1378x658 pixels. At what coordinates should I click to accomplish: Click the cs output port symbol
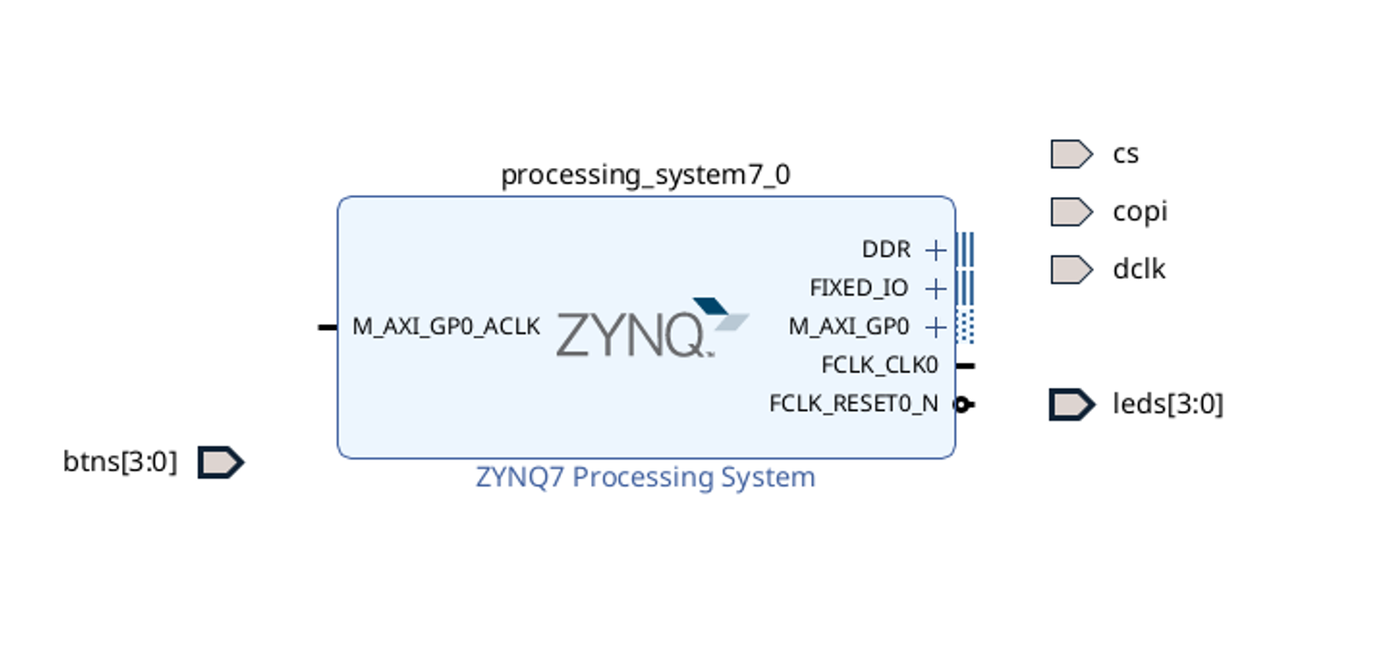pos(1070,154)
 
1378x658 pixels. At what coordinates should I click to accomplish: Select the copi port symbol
pos(1070,212)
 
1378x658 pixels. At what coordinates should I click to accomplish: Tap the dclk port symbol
pos(1070,269)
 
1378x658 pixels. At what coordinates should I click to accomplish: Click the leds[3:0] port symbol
pos(1071,405)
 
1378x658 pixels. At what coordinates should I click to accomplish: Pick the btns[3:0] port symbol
pos(220,463)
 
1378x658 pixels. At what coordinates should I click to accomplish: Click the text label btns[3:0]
pos(120,462)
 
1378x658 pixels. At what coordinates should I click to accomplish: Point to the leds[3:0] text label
pos(1167,404)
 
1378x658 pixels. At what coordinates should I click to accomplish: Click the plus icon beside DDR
pos(935,251)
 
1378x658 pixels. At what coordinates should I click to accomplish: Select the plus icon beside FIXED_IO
pos(935,289)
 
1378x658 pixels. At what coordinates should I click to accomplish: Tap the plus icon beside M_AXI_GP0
pos(935,327)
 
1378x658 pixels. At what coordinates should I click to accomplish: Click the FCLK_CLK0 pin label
pos(879,366)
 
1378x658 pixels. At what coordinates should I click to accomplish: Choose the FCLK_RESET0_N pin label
pos(854,404)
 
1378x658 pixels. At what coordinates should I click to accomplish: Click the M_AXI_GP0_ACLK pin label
pos(446,327)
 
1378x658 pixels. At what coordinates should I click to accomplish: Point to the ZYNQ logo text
pos(631,334)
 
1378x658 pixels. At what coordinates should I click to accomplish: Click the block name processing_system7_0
pos(646,175)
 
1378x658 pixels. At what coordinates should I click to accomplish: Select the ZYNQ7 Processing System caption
pos(646,477)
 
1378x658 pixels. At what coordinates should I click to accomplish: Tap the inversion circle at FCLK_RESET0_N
pos(961,405)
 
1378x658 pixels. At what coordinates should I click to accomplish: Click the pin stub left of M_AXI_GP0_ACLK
pos(327,327)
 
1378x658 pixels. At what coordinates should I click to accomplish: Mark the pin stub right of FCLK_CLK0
pos(965,366)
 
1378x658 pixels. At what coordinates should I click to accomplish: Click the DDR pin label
pos(886,251)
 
